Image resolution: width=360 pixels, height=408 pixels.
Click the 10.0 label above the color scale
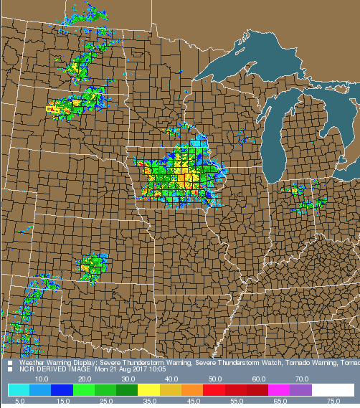pyautogui.click(x=42, y=379)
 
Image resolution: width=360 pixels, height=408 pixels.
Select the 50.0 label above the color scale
pyautogui.click(x=215, y=379)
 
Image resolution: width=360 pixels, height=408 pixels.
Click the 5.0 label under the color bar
pyautogui.click(x=20, y=401)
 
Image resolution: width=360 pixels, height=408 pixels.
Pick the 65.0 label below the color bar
pyautogui.click(x=281, y=401)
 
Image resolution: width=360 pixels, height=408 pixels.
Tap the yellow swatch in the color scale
pyautogui.click(x=149, y=389)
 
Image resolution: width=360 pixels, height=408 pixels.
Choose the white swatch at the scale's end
pyautogui.click(x=333, y=389)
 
